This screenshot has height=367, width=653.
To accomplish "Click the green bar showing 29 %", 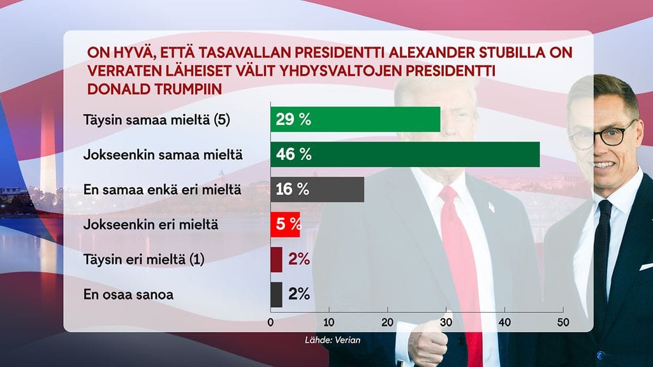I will click(x=355, y=119).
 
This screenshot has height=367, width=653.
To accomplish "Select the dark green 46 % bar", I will click(x=405, y=154).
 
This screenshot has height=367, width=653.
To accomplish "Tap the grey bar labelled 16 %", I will click(x=317, y=189).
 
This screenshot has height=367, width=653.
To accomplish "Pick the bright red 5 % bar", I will click(x=285, y=224).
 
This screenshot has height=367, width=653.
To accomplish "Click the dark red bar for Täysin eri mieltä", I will click(x=276, y=259).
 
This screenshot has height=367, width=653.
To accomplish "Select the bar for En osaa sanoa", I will click(x=276, y=294).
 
